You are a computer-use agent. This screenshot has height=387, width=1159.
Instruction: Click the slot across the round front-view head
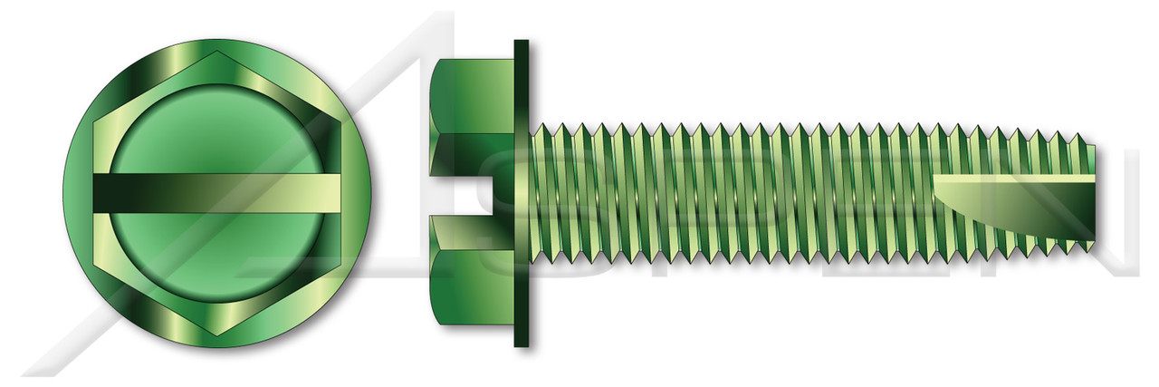point(217,193)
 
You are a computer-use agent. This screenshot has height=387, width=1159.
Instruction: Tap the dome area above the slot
point(217,127)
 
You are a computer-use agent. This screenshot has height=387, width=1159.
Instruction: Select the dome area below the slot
point(217,258)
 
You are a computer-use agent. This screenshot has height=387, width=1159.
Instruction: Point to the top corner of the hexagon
point(217,53)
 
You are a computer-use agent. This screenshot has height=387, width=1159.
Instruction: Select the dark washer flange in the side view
point(521,193)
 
